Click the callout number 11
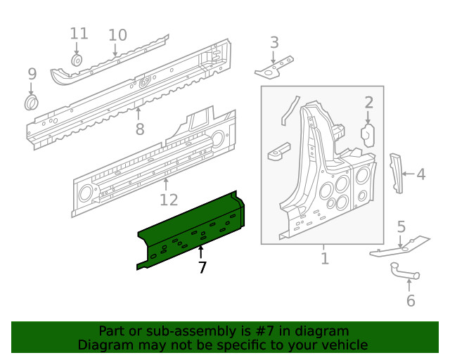(x=79, y=33)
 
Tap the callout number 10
(x=117, y=34)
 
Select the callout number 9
(x=32, y=74)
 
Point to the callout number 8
(x=139, y=129)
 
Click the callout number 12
(x=169, y=200)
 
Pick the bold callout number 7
(x=202, y=267)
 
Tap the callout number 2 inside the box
(x=368, y=103)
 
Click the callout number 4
(x=421, y=174)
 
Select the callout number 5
(x=401, y=226)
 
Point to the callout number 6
(x=411, y=301)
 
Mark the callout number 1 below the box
(x=324, y=259)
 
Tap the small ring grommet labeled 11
(x=78, y=60)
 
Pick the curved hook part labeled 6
(x=402, y=271)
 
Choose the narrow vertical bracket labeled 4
(x=397, y=172)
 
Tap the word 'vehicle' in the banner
(x=344, y=345)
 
